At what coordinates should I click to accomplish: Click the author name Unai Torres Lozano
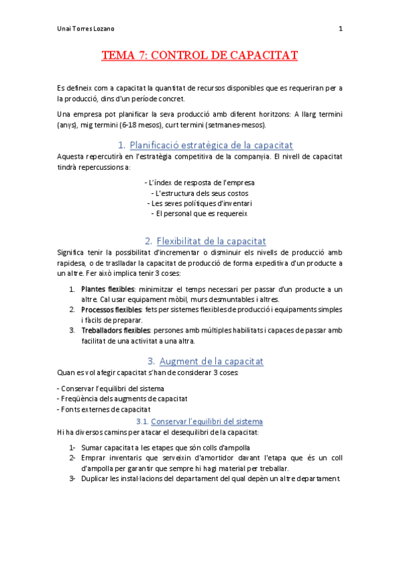[85, 29]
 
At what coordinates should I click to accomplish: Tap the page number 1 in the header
[340, 29]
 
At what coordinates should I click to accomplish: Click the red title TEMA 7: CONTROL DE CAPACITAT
[199, 55]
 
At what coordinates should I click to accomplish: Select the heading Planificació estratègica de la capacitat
[211, 145]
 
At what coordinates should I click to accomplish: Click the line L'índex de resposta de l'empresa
[199, 182]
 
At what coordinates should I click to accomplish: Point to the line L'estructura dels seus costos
[199, 193]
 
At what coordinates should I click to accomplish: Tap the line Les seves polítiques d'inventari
[199, 203]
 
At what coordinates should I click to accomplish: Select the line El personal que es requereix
[199, 214]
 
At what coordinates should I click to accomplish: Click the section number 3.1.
[142, 422]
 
